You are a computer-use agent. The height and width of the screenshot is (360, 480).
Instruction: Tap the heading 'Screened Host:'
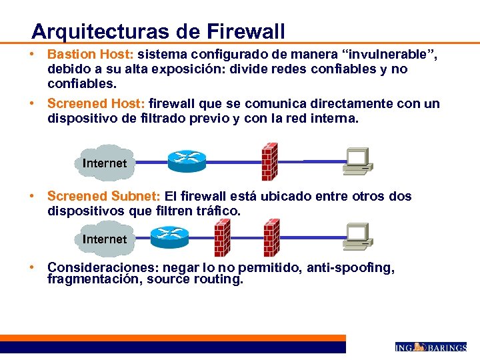(x=96, y=104)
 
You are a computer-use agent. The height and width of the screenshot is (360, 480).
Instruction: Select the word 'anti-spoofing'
(x=355, y=267)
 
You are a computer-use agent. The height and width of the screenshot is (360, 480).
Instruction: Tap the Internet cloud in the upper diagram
(x=104, y=162)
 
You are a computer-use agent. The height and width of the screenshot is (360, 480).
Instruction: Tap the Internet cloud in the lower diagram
(x=104, y=238)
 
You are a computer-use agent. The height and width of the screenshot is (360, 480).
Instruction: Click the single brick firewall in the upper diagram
(x=269, y=159)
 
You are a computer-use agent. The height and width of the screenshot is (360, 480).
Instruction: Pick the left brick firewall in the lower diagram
(x=222, y=238)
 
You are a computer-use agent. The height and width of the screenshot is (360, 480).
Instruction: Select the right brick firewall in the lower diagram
(x=271, y=238)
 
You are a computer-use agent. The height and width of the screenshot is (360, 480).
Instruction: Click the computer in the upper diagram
(x=357, y=161)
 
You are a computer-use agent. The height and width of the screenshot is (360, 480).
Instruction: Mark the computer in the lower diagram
(x=357, y=237)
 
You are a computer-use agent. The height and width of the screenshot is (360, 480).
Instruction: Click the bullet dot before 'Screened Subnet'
(x=31, y=196)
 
